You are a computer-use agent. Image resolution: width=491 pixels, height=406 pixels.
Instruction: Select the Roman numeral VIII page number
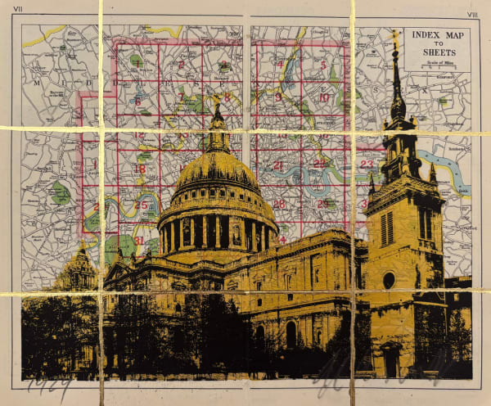(x=473, y=15)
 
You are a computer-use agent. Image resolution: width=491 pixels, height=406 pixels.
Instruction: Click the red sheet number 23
(x=366, y=164)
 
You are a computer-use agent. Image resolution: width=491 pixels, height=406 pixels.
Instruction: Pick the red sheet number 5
(x=323, y=65)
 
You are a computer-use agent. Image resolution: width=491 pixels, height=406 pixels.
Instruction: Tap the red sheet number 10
(x=323, y=97)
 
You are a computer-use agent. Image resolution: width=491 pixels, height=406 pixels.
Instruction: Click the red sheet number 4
(x=280, y=64)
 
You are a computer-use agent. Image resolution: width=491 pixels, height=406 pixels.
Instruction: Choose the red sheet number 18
(x=140, y=169)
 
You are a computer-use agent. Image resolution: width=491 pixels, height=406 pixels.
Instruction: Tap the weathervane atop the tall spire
(x=394, y=37)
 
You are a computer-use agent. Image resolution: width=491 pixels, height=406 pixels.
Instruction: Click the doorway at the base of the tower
(x=392, y=360)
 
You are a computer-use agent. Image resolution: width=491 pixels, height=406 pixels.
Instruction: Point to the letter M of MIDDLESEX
(x=36, y=83)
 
